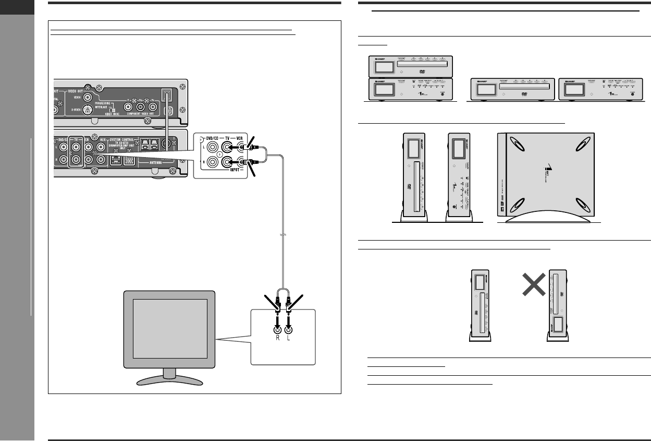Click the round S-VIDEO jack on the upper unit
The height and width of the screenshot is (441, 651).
(88, 109)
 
